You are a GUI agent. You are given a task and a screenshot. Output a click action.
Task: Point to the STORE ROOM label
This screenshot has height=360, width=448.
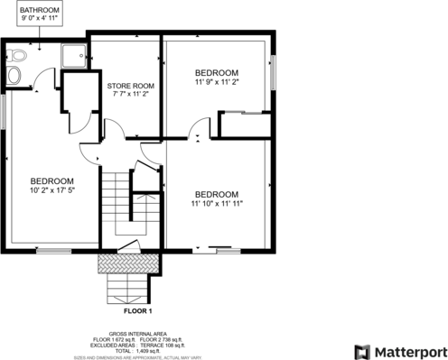click(126, 86)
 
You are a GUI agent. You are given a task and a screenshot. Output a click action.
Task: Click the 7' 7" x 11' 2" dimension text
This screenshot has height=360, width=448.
click(126, 94)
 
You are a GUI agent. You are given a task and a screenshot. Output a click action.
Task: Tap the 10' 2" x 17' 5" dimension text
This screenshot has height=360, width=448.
click(51, 189)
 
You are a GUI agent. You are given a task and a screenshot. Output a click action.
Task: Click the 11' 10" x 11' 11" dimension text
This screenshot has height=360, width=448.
click(217, 203)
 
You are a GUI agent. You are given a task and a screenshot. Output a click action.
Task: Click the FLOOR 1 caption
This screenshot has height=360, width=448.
click(138, 311)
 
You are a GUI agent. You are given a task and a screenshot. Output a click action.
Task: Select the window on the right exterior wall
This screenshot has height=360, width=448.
click(273, 71)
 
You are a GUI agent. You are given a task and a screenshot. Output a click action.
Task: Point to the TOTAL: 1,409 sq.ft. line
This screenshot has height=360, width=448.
click(138, 349)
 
